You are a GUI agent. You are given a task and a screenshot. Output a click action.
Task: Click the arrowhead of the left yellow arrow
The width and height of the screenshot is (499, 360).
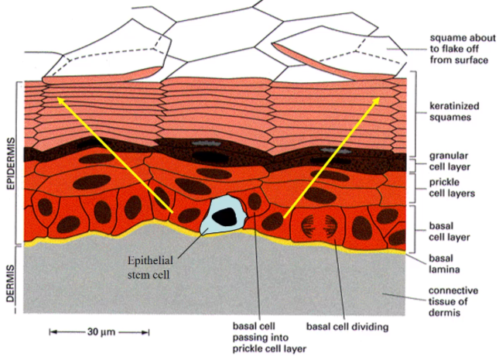[x=58, y=99]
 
